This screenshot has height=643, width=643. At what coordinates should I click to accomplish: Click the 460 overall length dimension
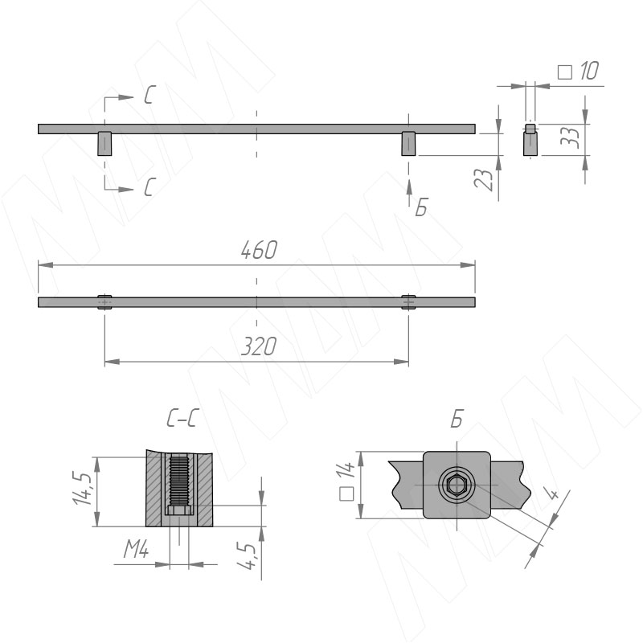[x=259, y=250]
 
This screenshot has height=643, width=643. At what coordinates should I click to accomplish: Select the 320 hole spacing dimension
[x=259, y=346]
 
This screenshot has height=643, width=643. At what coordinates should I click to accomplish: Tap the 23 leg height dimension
[x=485, y=179]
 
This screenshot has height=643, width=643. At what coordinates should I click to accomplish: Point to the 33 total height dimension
[x=571, y=137]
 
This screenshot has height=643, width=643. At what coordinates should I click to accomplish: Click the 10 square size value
[x=589, y=71]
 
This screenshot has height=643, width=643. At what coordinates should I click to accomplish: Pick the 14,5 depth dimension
[x=82, y=489]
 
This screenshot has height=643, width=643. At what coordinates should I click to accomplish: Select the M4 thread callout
[x=136, y=549]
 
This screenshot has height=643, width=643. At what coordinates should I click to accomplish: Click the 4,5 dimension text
[x=247, y=555]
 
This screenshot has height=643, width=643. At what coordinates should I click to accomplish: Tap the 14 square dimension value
[x=346, y=470]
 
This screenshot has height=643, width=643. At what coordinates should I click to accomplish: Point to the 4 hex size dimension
[x=553, y=493]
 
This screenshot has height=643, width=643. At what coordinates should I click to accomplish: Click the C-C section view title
[x=182, y=419]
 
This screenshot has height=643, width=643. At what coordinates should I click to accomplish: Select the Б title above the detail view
[x=457, y=419]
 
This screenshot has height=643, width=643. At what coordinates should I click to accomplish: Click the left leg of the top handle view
[x=104, y=144]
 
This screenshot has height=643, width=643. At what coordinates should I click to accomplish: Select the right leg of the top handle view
[x=408, y=144]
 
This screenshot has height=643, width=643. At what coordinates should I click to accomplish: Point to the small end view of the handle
[x=530, y=140]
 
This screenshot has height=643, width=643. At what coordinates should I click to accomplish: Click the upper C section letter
[x=149, y=95]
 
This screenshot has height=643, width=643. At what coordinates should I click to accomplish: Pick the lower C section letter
[x=149, y=187]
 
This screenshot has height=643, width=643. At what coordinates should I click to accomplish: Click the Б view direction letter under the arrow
[x=421, y=207]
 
